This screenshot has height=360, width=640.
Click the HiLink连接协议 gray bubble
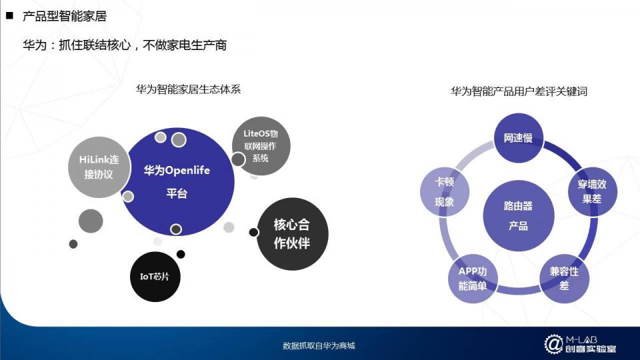(99, 167)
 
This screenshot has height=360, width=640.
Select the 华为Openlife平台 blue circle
(177, 181)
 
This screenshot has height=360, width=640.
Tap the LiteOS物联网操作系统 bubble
(261, 146)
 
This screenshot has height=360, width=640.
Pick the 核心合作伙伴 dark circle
(292, 234)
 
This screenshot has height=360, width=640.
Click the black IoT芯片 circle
(155, 277)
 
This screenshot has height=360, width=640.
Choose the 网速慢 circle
(518, 138)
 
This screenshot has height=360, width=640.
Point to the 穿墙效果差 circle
(592, 191)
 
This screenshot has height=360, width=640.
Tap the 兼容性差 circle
(564, 279)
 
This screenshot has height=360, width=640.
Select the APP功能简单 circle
(473, 279)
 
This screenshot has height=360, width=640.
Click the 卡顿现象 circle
(445, 191)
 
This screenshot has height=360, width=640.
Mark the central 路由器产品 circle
(519, 215)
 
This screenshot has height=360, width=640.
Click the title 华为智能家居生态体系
(189, 89)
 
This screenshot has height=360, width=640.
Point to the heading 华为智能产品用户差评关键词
(519, 91)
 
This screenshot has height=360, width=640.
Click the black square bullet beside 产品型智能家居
(10, 15)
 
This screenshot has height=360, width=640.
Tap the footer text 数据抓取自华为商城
(319, 346)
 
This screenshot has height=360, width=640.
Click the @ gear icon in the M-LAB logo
(553, 344)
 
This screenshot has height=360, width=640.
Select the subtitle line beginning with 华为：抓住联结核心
(125, 45)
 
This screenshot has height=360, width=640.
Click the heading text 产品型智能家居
(65, 16)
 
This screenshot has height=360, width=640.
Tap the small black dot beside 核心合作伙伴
(253, 232)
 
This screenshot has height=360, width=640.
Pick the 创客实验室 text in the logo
(591, 349)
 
